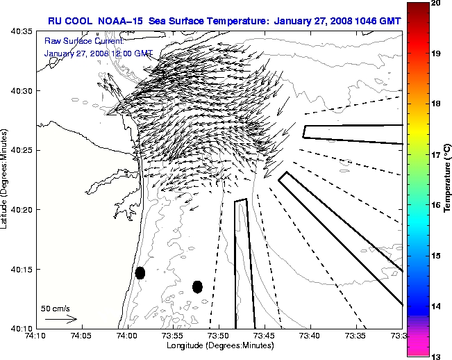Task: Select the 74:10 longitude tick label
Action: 35,336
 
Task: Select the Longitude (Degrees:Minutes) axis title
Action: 219,345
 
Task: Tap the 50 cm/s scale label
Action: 55,307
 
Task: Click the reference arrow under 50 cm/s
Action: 61,319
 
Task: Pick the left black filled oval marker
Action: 140,272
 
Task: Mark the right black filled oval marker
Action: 197,286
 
